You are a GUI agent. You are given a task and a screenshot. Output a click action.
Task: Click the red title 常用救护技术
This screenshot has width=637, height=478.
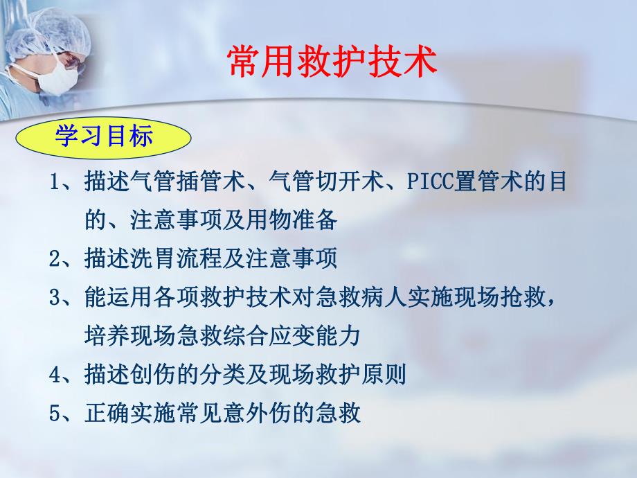[332, 61]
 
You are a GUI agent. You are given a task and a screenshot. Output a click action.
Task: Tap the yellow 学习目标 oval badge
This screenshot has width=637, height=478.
[104, 136]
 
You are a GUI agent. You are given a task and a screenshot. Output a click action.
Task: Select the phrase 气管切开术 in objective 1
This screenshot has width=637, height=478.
[326, 184]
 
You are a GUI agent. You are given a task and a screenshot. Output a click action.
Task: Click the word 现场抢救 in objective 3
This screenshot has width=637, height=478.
[499, 298]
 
